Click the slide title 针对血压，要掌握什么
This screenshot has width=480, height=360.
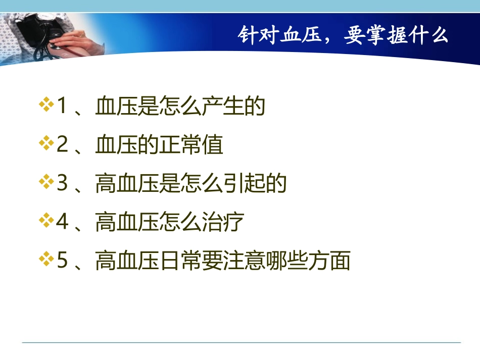point(343,36)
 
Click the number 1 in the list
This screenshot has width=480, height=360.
point(62,107)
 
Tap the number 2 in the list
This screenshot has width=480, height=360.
point(62,145)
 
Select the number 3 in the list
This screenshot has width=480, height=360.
point(62,184)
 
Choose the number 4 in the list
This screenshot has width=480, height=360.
point(62,223)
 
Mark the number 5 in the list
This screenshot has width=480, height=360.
point(62,262)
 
